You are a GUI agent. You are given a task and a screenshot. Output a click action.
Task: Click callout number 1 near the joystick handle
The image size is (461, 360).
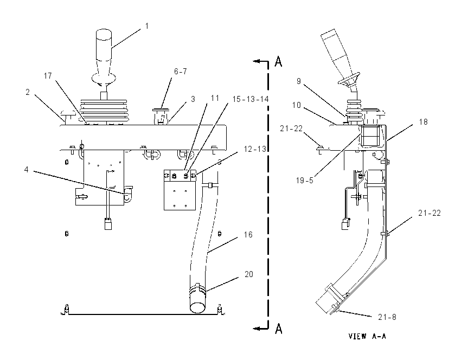coord(147,26)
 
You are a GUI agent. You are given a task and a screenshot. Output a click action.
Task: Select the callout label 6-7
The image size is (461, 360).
coord(181,72)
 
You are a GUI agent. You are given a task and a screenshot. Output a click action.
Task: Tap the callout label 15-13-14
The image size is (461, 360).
coord(251,99)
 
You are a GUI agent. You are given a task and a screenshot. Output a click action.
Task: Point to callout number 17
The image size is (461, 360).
coord(48,76)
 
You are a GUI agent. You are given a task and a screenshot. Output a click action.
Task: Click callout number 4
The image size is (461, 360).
coord(27,170)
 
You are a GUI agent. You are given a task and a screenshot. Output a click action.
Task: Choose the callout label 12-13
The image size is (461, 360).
coord(255,149)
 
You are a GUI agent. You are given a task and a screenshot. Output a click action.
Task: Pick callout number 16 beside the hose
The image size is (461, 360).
coord(248,235)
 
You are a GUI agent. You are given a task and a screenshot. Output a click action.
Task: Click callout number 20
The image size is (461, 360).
coord(249,274)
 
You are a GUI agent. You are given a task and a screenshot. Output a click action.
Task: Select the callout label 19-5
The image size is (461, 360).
coord(305,181)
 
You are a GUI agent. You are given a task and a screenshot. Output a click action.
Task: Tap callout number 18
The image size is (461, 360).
coord(424,122)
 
